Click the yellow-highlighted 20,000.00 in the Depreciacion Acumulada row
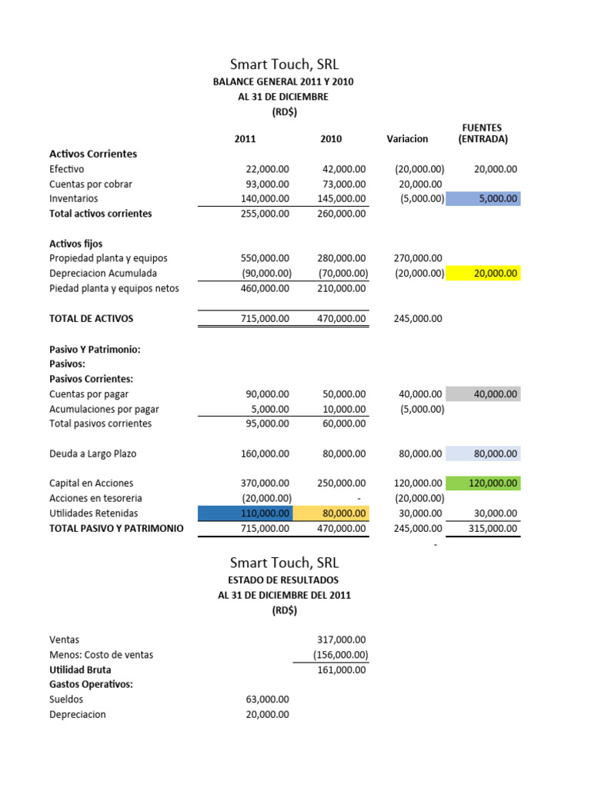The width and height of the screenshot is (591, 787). click(483, 273)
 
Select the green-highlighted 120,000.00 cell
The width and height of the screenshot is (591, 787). click(483, 483)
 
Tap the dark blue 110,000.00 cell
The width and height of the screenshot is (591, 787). click(245, 513)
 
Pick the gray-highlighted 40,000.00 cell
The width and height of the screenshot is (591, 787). click(483, 394)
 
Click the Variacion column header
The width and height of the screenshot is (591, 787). click(408, 139)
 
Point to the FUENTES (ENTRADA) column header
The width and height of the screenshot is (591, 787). click(482, 133)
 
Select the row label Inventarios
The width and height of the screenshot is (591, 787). click(73, 198)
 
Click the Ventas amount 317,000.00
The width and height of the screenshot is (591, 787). click(341, 639)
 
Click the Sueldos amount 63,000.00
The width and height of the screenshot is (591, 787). click(265, 699)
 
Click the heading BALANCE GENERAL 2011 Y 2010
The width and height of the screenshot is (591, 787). click(284, 81)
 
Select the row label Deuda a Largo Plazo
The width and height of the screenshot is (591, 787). click(92, 453)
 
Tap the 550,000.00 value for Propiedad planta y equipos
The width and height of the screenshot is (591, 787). click(265, 258)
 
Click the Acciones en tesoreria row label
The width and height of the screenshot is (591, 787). click(95, 498)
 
